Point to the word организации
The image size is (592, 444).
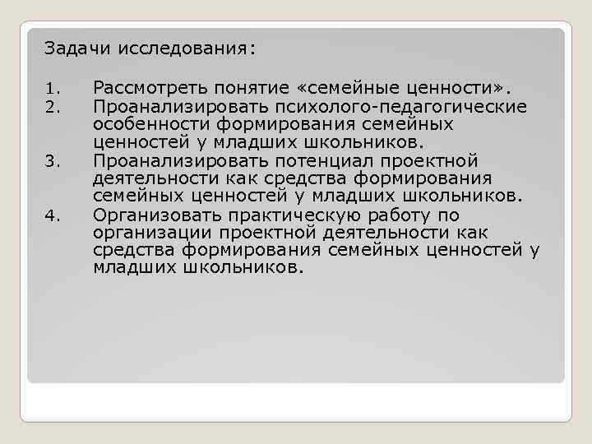point(154,234)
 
